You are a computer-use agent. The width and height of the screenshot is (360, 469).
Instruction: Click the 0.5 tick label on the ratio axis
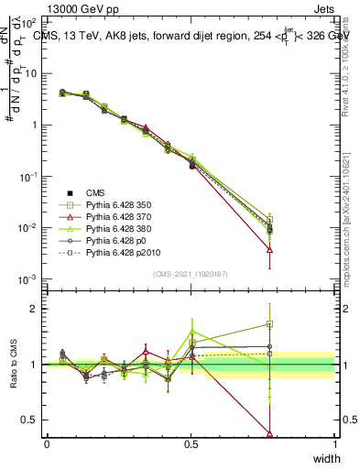coord(30,420)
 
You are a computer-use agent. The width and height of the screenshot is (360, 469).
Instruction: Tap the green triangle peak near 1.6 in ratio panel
coord(191,331)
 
